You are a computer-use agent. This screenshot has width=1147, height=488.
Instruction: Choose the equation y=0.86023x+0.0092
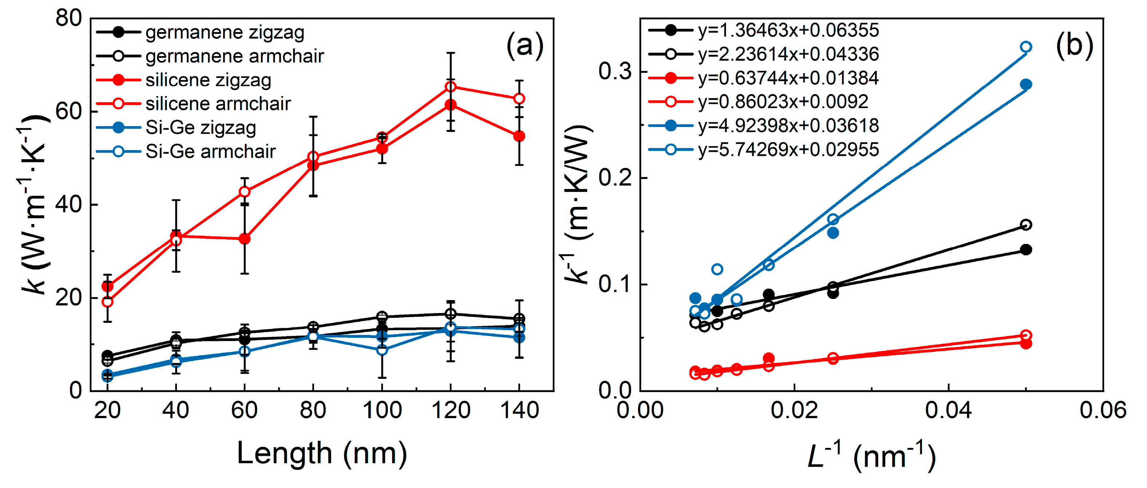click(x=783, y=101)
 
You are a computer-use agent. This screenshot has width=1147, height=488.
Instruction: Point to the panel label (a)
click(x=525, y=45)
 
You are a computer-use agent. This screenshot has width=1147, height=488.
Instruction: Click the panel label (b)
click(x=1075, y=45)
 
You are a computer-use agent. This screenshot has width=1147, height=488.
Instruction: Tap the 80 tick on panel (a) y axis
click(x=69, y=18)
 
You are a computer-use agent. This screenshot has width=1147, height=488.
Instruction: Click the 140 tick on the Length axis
click(x=519, y=410)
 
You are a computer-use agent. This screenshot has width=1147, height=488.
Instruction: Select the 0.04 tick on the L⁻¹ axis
click(x=949, y=410)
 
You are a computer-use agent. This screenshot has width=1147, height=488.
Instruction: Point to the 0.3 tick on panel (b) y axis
click(x=616, y=72)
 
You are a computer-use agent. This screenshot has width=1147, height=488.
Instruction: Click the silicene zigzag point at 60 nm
click(x=244, y=239)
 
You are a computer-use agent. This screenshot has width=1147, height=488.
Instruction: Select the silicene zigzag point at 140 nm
click(x=519, y=136)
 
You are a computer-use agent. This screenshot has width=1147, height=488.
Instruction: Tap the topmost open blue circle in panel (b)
click(x=1026, y=47)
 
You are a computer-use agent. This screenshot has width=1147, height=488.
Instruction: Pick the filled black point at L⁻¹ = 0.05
click(x=1026, y=249)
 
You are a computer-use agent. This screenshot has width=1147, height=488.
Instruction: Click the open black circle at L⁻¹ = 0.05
click(x=1026, y=225)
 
